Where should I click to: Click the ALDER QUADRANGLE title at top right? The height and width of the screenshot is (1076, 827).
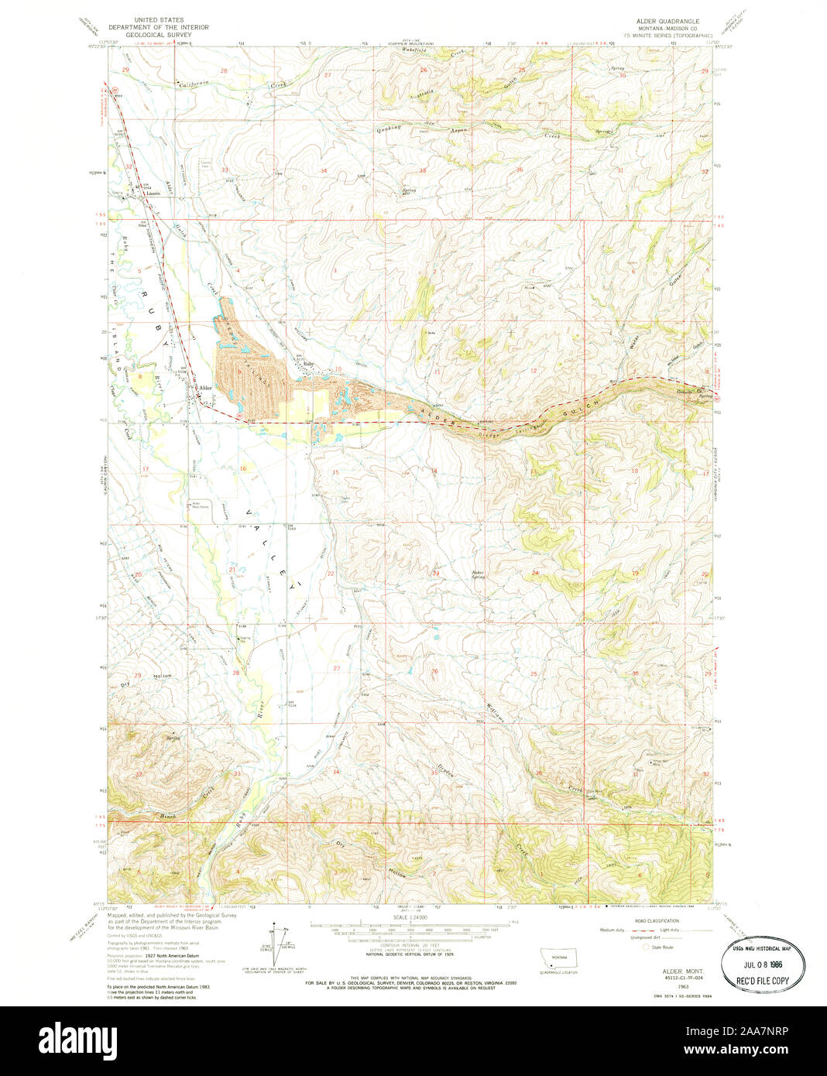coord(667,22)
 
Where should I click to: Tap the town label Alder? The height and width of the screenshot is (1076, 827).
coord(205,388)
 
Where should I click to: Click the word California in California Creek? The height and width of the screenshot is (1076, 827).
coord(194,84)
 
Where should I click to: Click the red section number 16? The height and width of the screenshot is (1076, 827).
coord(242,469)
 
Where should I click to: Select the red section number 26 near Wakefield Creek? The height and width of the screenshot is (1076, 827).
coord(424,70)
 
